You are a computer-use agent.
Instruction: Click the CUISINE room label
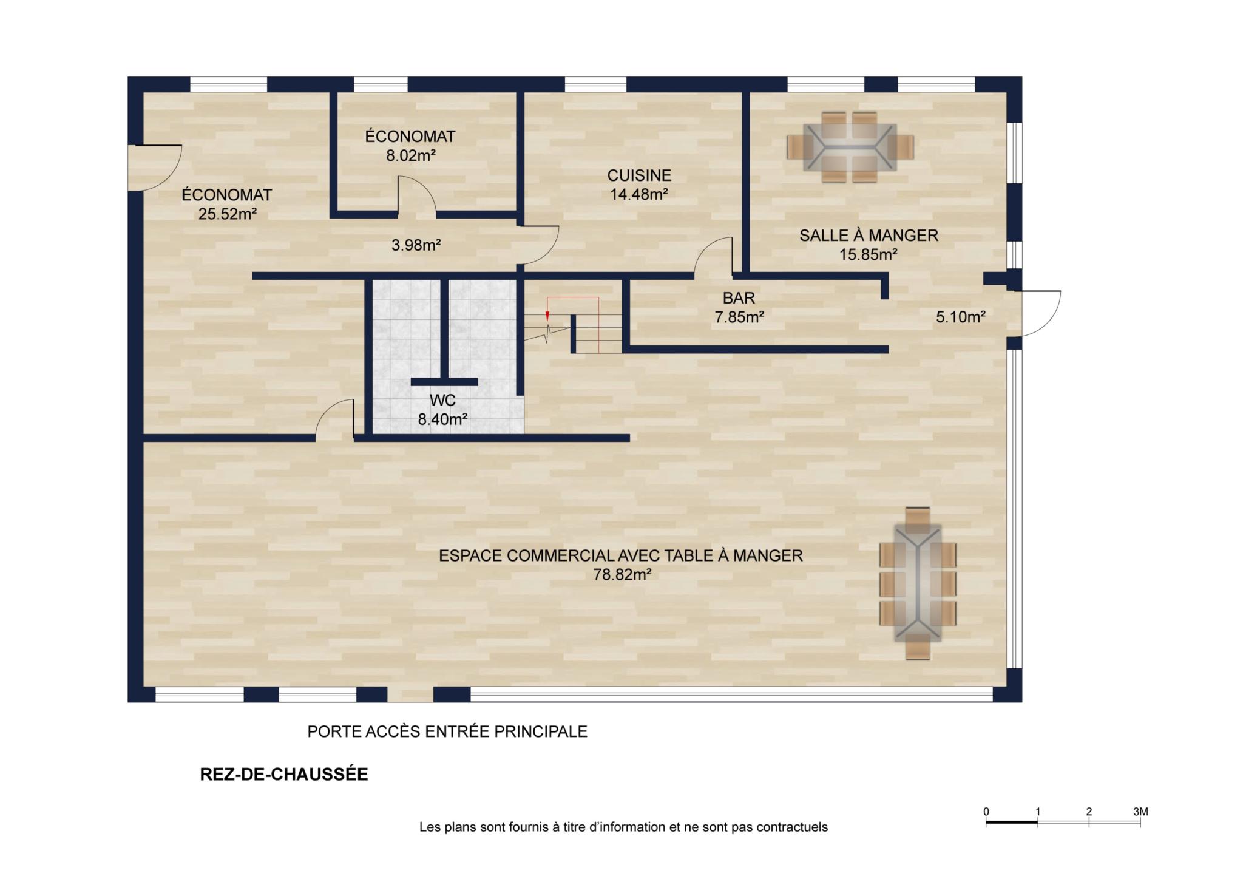click(x=639, y=175)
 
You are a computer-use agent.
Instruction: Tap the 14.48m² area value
click(x=639, y=194)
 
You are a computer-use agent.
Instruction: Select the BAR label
click(x=739, y=298)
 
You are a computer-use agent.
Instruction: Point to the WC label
click(x=442, y=401)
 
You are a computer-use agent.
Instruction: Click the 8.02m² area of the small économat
click(x=411, y=155)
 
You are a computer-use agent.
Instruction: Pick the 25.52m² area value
click(x=227, y=214)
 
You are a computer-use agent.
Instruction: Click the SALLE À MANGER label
click(x=869, y=236)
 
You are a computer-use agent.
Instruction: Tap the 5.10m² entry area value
click(x=960, y=317)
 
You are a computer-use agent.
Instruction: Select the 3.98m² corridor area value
click(x=416, y=245)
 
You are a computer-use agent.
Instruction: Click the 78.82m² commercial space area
click(x=622, y=574)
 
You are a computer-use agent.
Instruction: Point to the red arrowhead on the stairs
click(x=547, y=316)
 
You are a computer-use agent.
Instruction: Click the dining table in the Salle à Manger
click(x=850, y=147)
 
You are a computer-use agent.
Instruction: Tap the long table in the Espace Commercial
click(x=918, y=583)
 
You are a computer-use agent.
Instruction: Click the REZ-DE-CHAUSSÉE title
click(x=284, y=775)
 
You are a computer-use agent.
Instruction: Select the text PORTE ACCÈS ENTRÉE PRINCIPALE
click(x=447, y=731)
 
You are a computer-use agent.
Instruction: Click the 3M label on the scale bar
click(x=1140, y=812)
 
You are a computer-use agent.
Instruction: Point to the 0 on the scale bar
click(x=986, y=812)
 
